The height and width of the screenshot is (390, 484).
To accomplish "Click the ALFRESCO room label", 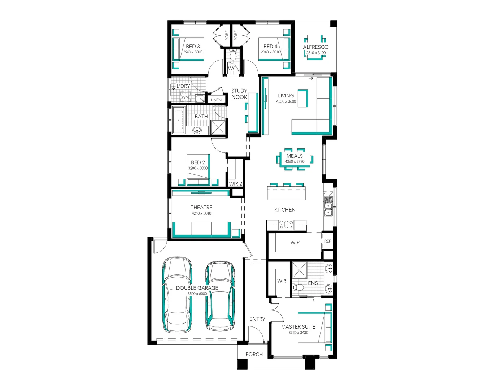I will point(315,47).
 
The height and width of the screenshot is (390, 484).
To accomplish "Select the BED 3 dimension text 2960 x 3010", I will point(193,52).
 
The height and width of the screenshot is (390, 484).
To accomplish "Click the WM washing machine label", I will point(185,97).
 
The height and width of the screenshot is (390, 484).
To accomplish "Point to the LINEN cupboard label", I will point(216,100).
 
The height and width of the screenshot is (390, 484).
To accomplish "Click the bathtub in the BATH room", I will point(179,120).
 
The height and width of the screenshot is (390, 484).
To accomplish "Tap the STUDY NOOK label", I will point(239,94).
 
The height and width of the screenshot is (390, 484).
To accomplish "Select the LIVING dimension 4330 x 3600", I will point(286,101).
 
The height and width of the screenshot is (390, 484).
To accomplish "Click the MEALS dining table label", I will point(295,156).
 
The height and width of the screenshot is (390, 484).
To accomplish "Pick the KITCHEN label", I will point(285,210).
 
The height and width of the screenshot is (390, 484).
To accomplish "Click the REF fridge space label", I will point(327,241).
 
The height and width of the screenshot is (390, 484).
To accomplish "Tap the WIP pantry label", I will point(295,243).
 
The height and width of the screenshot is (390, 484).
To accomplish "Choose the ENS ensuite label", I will point(313,283).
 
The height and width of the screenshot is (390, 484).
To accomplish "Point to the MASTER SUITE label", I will point(298,327).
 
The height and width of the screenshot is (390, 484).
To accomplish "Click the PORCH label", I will point(254,354).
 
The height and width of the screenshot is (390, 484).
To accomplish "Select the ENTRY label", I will point(257,319).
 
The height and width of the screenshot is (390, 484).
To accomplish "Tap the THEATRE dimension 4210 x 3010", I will point(201,213).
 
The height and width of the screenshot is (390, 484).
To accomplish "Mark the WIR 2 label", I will point(235,184).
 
